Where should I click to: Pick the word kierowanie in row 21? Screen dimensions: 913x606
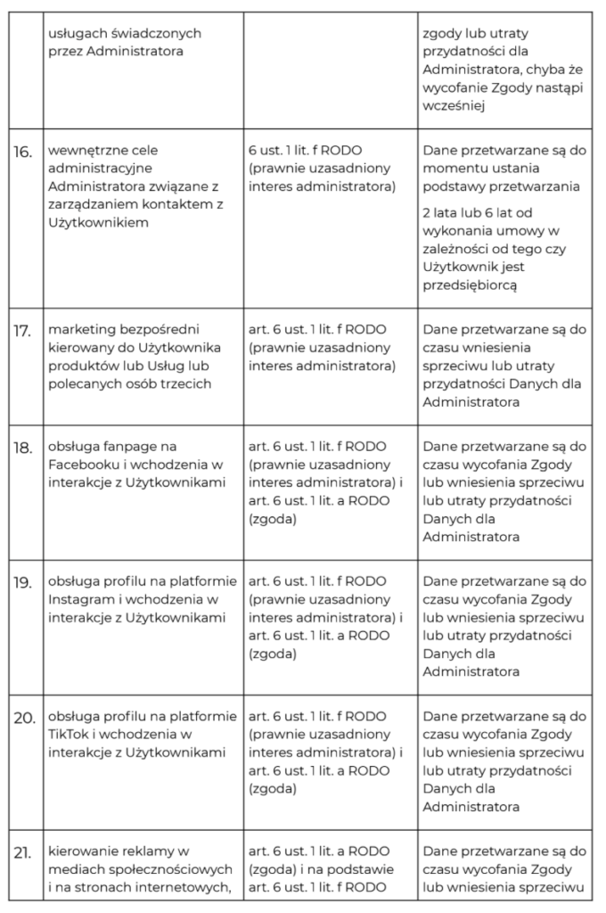tap(86, 851)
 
